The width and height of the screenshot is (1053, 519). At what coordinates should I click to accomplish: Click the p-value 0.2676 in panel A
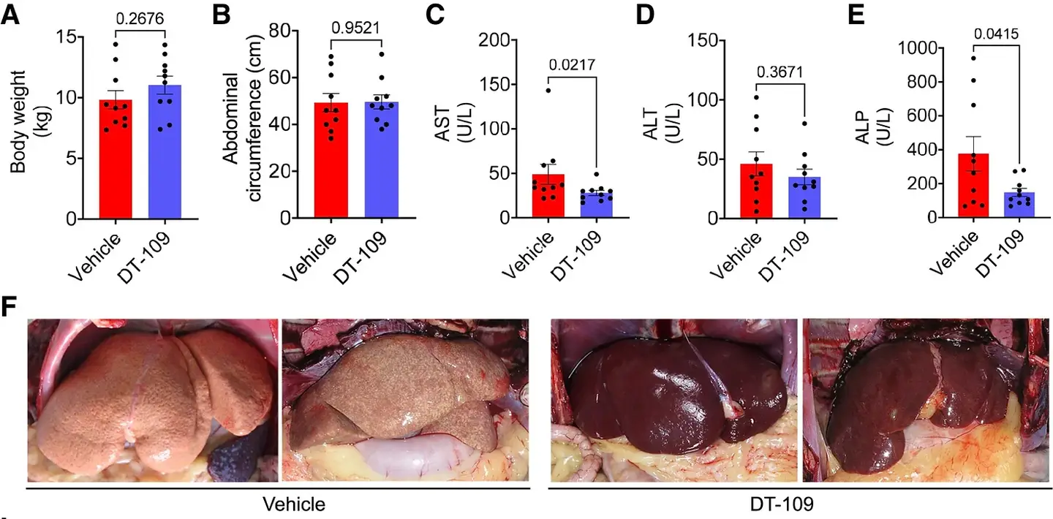(140, 17)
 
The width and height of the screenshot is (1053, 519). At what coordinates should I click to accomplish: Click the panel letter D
(644, 16)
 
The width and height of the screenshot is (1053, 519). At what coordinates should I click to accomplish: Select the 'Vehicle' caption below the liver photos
(295, 504)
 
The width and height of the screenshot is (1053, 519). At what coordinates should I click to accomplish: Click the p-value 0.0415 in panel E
(995, 34)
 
